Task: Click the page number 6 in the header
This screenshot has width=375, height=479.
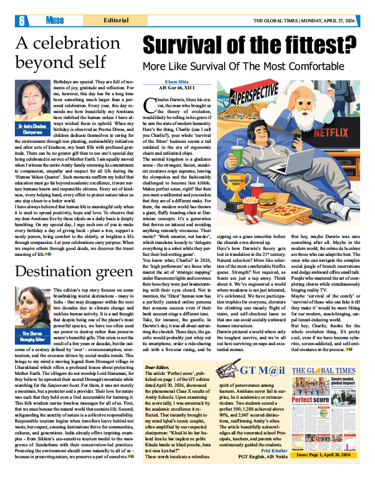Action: [22, 21]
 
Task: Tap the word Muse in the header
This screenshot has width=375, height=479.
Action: [54, 21]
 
